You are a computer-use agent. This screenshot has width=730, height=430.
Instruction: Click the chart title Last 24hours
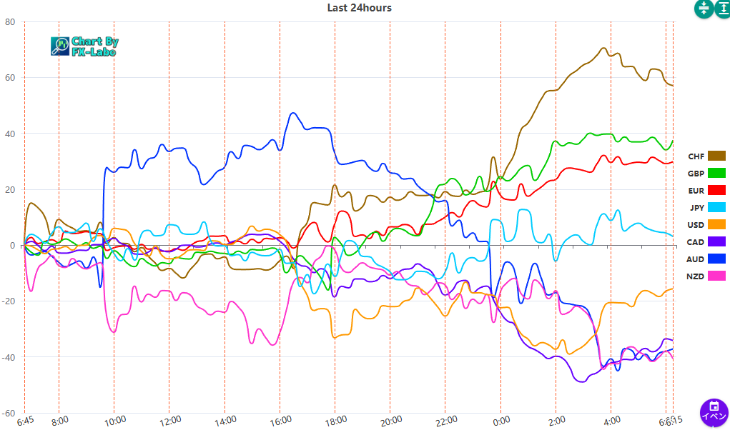point(359,8)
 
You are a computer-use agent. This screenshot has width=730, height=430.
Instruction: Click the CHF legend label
point(696,156)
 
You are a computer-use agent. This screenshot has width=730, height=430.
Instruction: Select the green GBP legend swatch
point(716,174)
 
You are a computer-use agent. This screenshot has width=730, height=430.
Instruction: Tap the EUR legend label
point(696,191)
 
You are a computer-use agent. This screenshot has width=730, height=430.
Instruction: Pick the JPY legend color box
point(716,208)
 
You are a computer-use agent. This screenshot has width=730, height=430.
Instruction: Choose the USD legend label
point(696,225)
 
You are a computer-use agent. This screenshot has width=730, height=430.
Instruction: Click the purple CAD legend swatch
point(716,242)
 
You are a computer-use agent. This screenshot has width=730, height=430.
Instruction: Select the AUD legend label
point(696,259)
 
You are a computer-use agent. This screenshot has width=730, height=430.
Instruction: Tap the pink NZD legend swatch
point(716,276)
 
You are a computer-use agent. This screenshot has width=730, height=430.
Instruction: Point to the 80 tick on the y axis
point(10,21)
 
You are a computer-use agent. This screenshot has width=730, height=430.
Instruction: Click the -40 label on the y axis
point(9,357)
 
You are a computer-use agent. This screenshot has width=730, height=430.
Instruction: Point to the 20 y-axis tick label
point(10,189)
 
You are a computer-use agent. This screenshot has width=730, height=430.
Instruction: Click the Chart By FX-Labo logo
point(84,46)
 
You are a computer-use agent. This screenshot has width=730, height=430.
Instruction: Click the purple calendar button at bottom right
point(713,412)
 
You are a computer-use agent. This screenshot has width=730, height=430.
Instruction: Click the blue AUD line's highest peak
point(292,113)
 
